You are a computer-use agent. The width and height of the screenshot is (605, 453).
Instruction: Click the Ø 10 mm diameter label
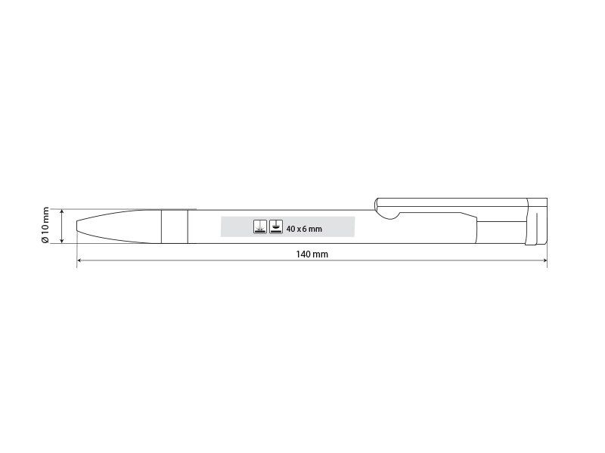click(x=45, y=225)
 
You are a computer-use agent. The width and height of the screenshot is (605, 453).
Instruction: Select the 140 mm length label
click(x=312, y=254)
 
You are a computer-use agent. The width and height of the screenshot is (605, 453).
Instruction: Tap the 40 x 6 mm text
click(x=304, y=229)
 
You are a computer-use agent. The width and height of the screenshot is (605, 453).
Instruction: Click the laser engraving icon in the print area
click(x=260, y=227)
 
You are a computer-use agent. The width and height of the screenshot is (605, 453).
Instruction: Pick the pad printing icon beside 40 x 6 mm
click(x=276, y=227)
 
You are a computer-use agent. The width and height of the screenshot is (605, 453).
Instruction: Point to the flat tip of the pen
click(x=77, y=226)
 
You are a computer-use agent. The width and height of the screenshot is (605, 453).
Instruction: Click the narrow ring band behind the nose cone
click(x=175, y=226)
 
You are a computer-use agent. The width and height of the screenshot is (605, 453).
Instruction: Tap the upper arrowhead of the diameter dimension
click(x=62, y=212)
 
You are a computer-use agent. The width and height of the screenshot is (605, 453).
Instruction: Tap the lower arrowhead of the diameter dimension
click(x=62, y=241)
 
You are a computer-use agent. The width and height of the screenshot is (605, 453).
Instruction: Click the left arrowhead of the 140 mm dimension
click(x=79, y=260)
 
